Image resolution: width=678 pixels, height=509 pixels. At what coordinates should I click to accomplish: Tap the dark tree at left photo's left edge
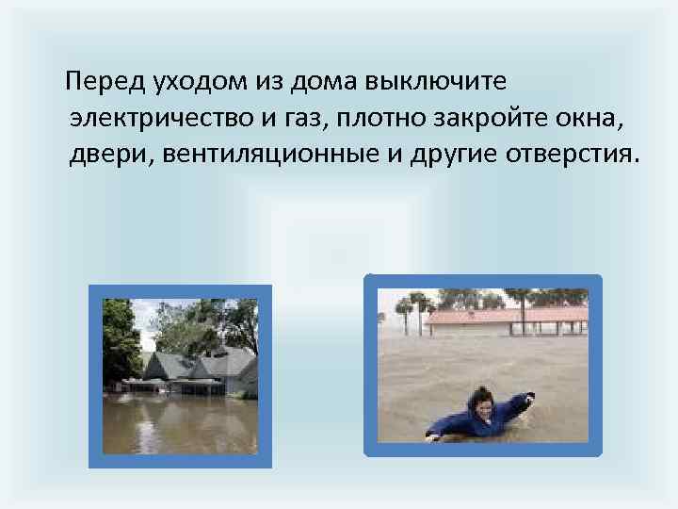click(117, 339)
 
